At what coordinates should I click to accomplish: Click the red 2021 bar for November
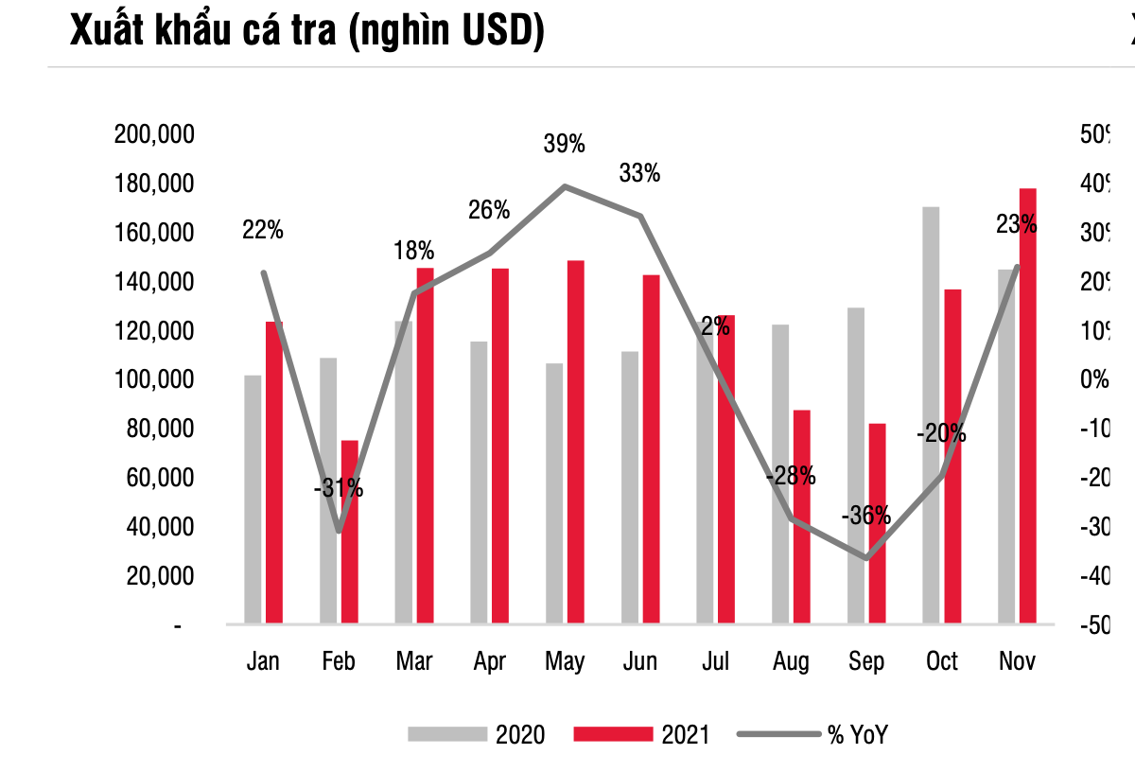click(1027, 406)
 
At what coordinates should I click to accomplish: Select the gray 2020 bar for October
click(931, 415)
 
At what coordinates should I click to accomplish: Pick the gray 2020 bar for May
click(554, 493)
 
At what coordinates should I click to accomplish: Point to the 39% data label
click(565, 145)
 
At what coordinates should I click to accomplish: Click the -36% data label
click(866, 516)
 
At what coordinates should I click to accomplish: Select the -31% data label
click(339, 489)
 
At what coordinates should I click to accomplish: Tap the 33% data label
click(639, 173)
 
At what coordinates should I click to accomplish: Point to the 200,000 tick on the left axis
click(154, 134)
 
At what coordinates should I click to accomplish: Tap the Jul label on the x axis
click(715, 661)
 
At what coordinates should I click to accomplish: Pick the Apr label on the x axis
click(489, 661)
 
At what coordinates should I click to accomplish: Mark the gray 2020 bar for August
click(780, 474)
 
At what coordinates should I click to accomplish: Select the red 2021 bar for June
click(652, 449)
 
